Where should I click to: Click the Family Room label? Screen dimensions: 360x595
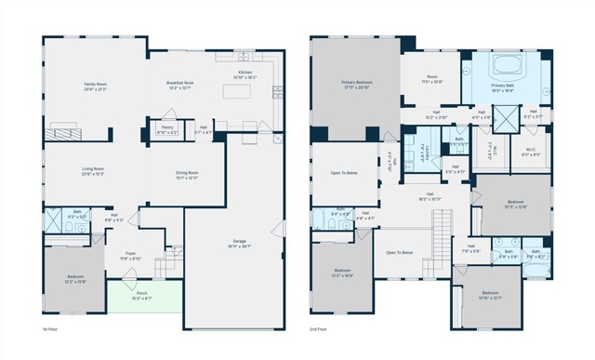coord(97,87)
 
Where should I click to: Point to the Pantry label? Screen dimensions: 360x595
coord(167,130)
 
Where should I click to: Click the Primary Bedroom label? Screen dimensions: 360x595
coord(355,87)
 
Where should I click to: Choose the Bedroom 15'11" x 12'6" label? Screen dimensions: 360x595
coord(516,205)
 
